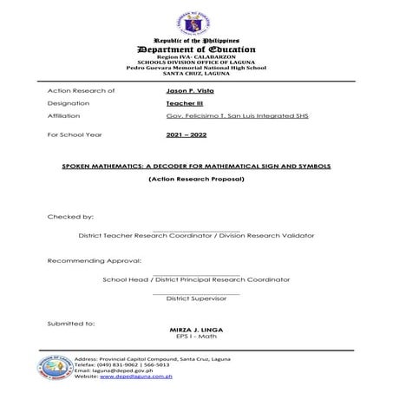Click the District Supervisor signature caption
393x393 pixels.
click(196, 298)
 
